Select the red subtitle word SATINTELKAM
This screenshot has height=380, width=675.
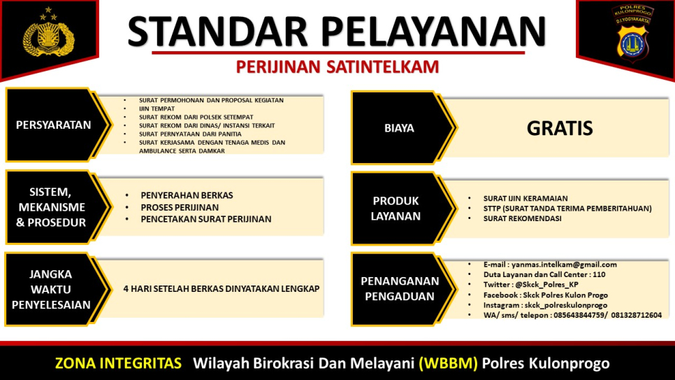[x=383, y=67]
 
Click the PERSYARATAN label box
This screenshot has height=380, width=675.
[x=53, y=125]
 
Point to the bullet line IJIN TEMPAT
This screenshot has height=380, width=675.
[x=157, y=108]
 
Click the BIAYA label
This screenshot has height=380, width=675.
[x=399, y=128]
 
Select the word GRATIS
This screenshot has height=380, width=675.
[x=560, y=128]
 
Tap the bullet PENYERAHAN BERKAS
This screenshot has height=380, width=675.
[x=187, y=195]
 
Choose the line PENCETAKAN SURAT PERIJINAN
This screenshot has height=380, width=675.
[x=205, y=219]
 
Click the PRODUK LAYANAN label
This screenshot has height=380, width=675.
[x=395, y=209]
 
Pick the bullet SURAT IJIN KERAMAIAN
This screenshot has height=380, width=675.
[x=525, y=199]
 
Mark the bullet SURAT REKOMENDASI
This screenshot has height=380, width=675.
[x=522, y=218]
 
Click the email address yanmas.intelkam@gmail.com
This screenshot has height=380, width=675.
[x=564, y=265]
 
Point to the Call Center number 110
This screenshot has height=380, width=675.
[x=599, y=275]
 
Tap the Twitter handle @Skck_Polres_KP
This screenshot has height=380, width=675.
[x=546, y=285]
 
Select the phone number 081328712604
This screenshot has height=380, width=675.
[x=637, y=316]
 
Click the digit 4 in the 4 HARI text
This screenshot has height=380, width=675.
[x=126, y=288]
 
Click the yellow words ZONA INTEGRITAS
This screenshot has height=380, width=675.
[x=118, y=363]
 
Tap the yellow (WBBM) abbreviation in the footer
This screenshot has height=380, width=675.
[x=448, y=363]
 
